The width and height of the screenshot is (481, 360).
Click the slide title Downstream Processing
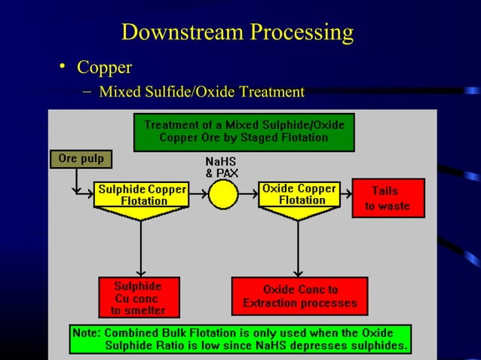point(237,32)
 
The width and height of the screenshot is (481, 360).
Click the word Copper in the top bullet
point(104,68)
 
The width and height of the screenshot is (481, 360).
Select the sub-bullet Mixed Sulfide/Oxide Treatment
point(201,92)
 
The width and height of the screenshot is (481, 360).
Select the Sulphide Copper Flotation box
point(141,194)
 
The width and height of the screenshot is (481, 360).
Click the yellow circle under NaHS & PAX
point(222,195)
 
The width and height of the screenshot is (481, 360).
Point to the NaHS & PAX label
point(222,168)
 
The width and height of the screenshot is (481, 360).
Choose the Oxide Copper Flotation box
point(299,194)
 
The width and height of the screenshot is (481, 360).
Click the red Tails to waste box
point(388,198)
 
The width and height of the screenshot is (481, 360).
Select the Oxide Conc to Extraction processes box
point(299,296)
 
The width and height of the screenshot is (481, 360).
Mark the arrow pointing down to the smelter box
point(141,252)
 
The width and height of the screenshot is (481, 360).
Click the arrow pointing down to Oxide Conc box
point(299,252)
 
